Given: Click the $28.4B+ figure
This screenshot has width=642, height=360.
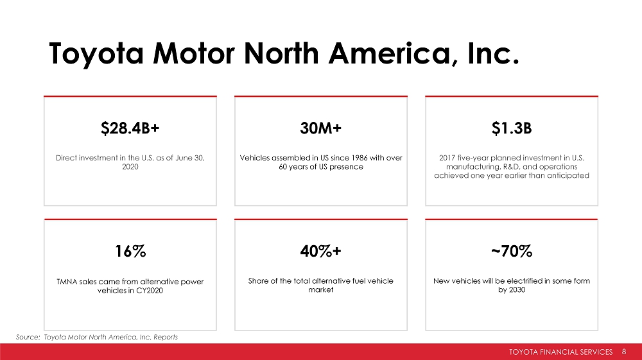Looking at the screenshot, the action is tap(130, 128).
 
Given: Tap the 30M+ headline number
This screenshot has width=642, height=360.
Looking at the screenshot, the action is tap(320, 128).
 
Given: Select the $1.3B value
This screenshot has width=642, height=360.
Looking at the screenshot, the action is tap(512, 128).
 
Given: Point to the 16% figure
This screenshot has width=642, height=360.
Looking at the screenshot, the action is tap(130, 251).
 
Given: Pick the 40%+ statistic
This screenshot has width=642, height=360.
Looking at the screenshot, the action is tap(320, 251).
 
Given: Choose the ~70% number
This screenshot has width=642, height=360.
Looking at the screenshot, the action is tap(512, 251).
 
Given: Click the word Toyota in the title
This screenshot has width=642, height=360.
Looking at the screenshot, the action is tap(96, 54).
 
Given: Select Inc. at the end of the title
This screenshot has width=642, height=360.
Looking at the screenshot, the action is tap(493, 54).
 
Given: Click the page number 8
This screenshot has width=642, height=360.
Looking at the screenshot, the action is tap(624, 352).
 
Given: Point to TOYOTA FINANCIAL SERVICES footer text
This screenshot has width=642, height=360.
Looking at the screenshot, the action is tap(560, 352).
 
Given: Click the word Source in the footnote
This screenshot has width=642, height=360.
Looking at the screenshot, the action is tap(28, 337).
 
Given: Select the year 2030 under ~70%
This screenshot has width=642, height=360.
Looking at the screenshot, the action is tap(517, 289).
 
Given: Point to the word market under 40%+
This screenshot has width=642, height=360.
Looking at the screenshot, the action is tap(320, 289).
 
